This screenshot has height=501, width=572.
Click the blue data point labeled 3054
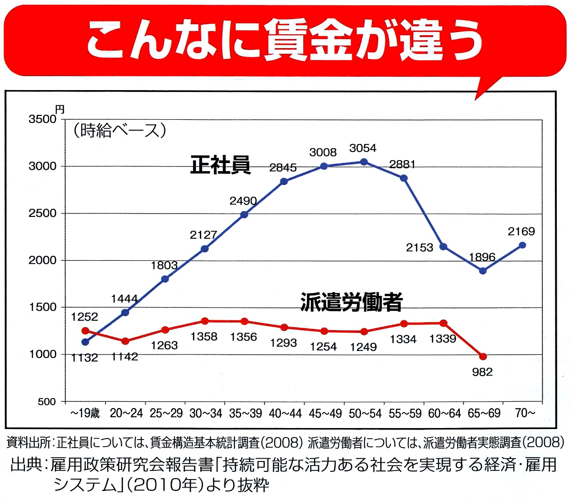[x=364, y=162]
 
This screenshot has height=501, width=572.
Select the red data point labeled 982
[x=483, y=357]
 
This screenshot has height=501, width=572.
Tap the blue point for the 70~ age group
[x=522, y=245]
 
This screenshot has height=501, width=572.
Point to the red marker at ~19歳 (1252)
[x=85, y=330]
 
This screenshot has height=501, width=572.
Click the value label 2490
[x=243, y=201]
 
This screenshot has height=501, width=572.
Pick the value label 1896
[x=482, y=257]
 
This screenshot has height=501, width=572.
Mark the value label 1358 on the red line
[x=204, y=337]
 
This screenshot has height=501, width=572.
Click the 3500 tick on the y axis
[x=42, y=119]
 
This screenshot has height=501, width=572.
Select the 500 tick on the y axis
[x=47, y=402]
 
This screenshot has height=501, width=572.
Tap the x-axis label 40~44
[x=285, y=413]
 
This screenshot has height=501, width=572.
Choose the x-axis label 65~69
[x=484, y=413]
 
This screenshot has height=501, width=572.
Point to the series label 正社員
[x=220, y=165]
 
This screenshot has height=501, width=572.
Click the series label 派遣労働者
[x=351, y=302]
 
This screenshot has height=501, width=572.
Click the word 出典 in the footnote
[x=26, y=465]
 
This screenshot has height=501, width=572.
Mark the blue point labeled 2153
[x=443, y=246]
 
